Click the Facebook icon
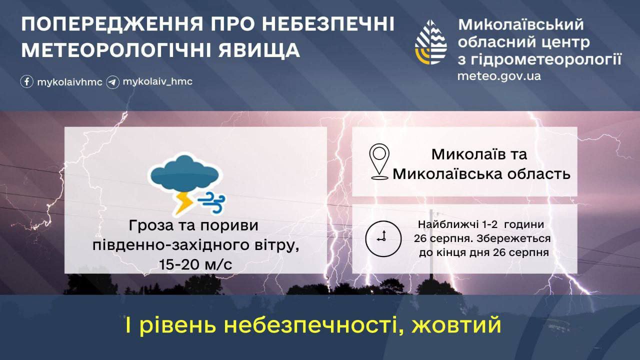click(27, 81)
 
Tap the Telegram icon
click(112, 82)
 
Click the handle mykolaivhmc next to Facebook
click(69, 82)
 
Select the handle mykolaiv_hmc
click(157, 81)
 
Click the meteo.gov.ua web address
click(499, 76)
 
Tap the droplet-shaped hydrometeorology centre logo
click(431, 42)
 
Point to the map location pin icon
click(379, 161)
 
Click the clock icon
click(383, 238)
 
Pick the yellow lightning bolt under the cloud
click(183, 203)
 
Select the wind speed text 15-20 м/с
click(195, 264)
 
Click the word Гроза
click(151, 225)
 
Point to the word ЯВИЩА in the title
click(259, 50)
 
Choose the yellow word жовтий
click(456, 325)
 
